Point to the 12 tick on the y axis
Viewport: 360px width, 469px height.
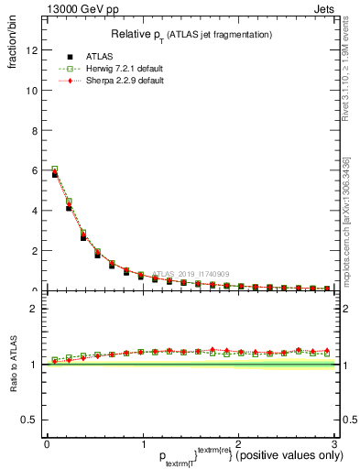click(x=35, y=50)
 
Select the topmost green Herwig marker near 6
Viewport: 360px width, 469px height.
click(x=54, y=169)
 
